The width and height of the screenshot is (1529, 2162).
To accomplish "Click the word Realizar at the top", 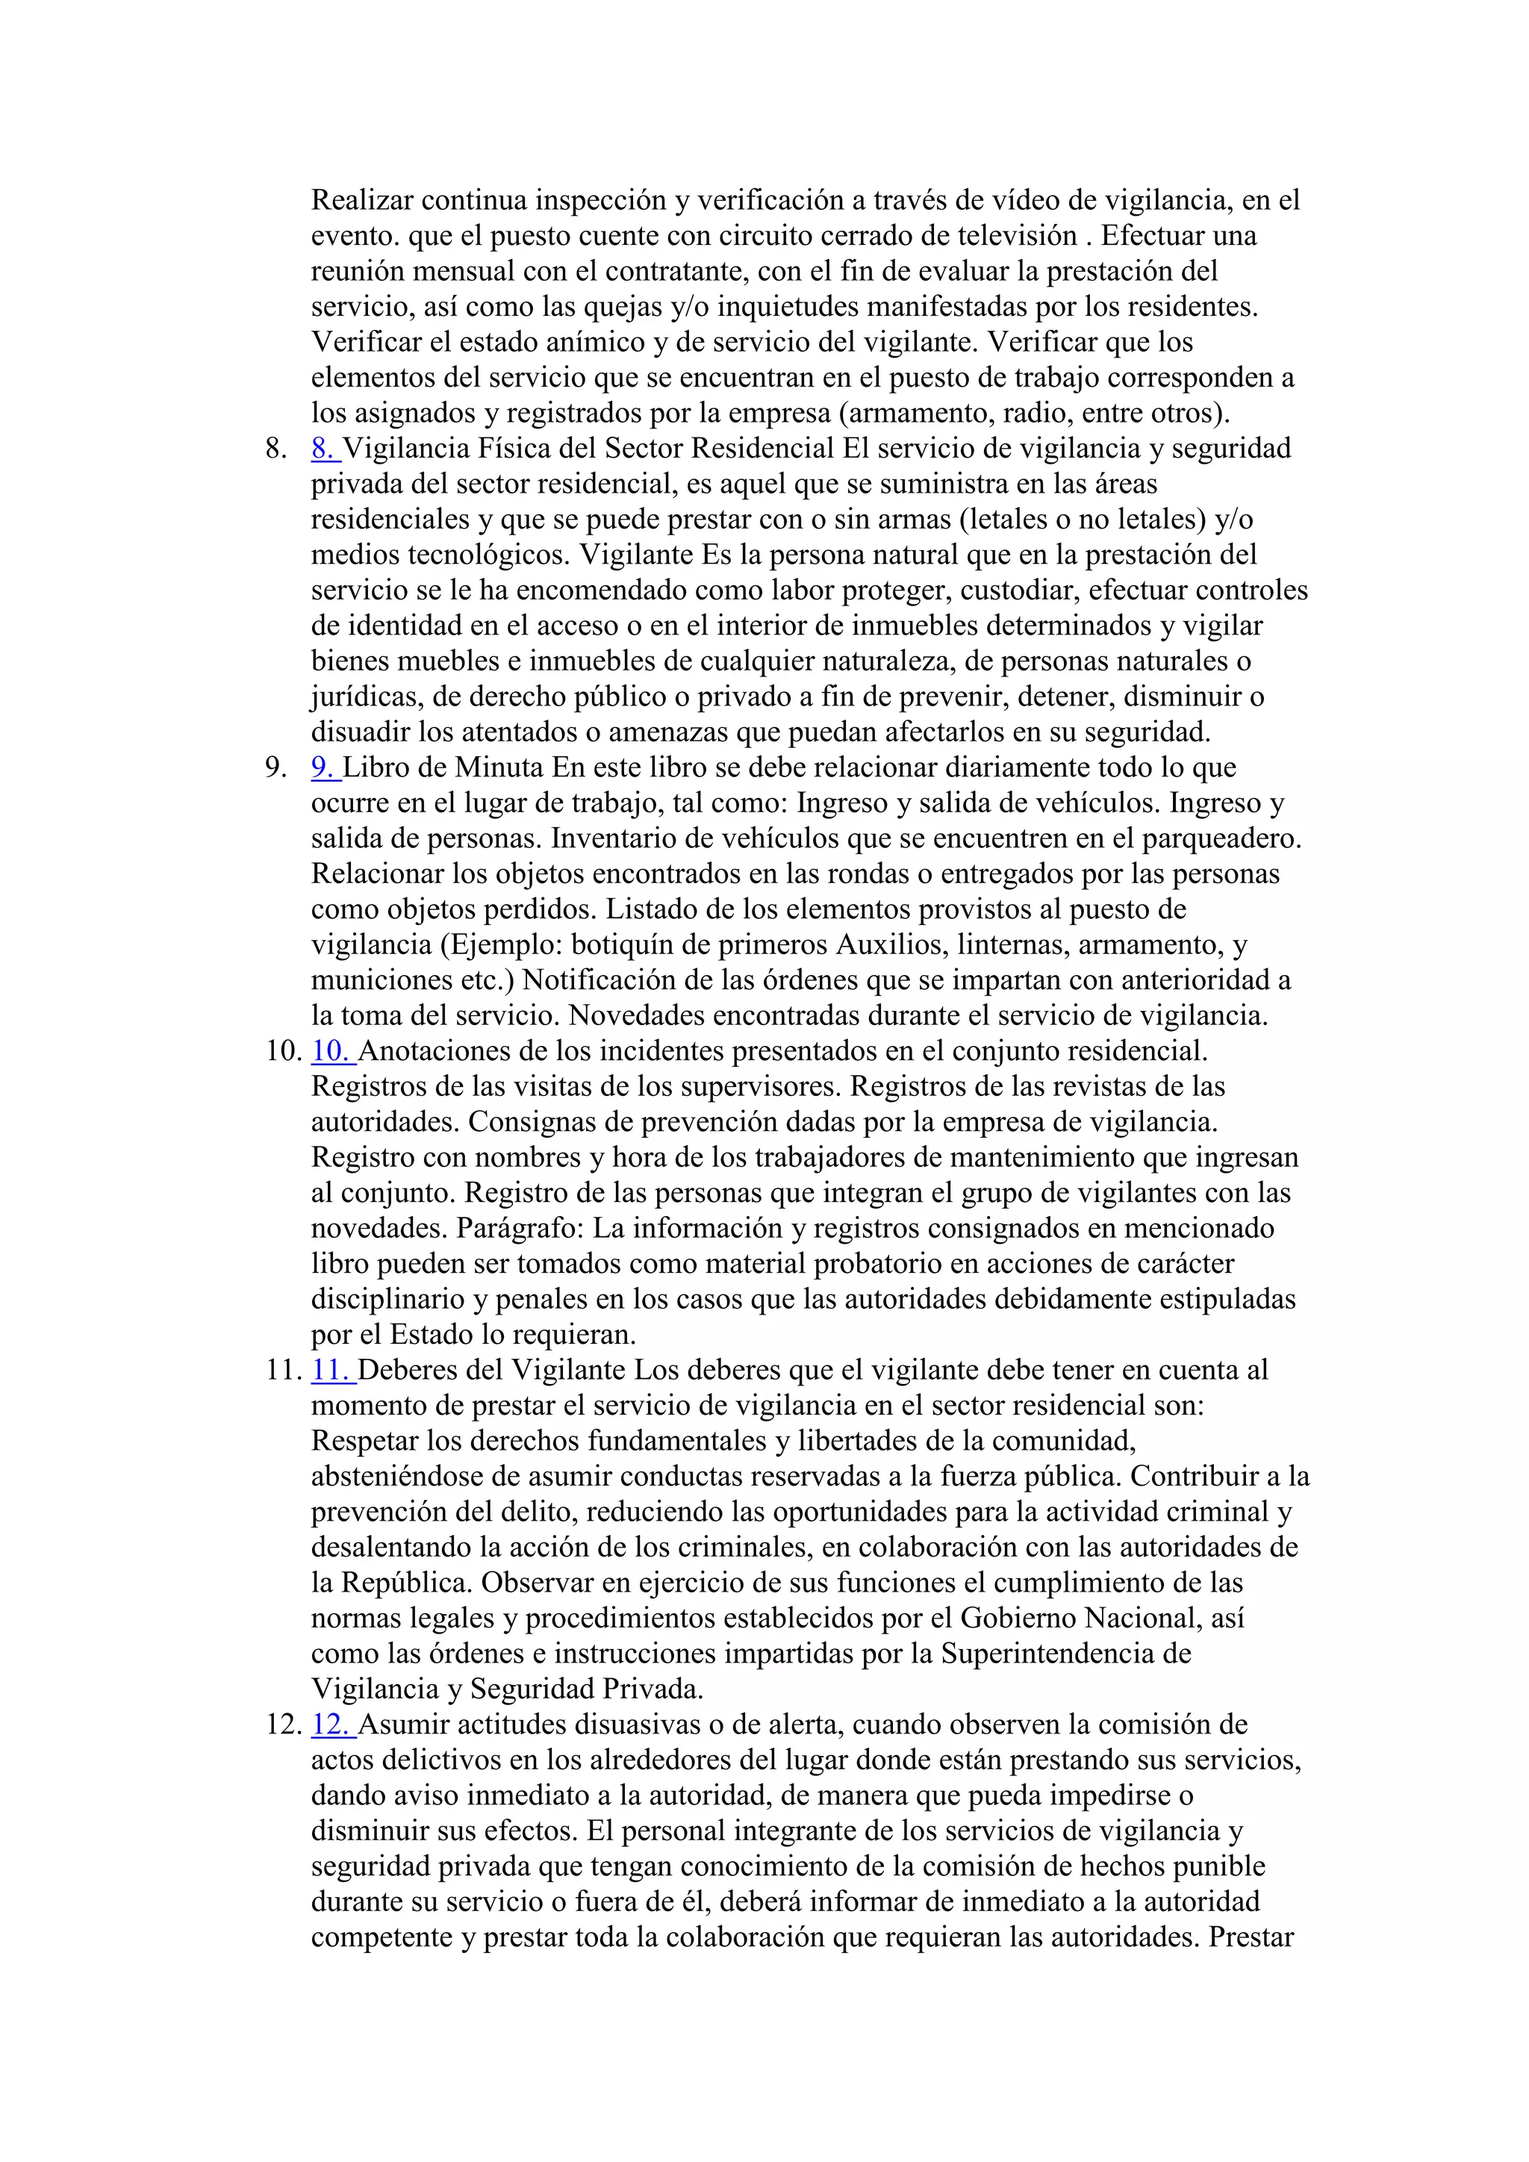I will coord(363,201).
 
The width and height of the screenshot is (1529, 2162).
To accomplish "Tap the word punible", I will coord(1218,1867).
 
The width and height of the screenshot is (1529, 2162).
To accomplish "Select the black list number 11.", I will coord(284,1371).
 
